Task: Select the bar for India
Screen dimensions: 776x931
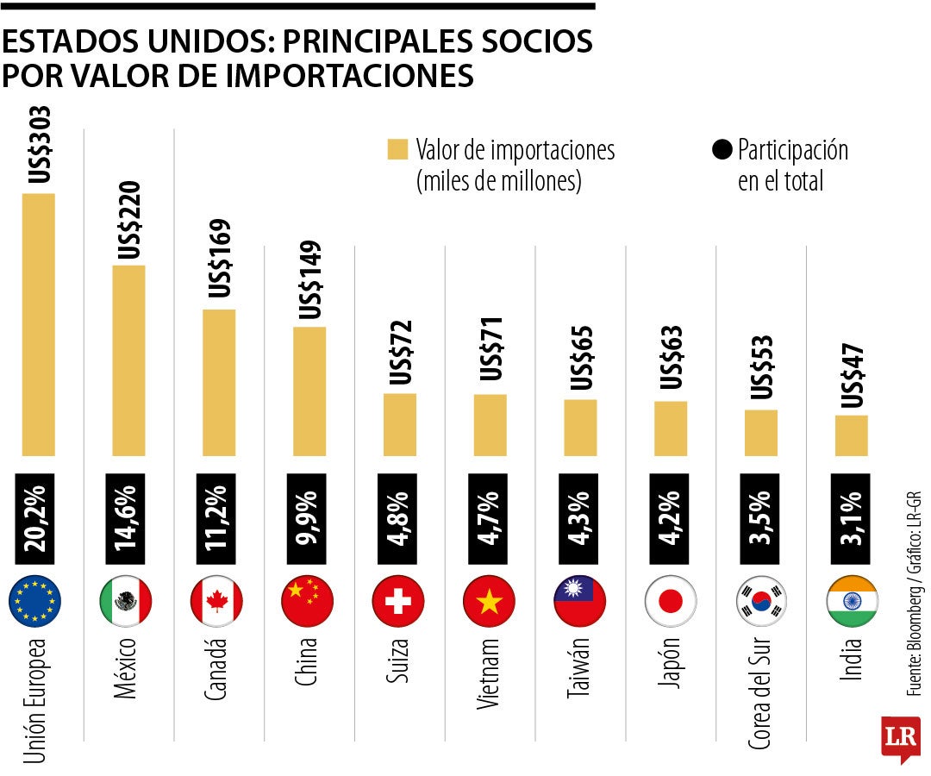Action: (851, 435)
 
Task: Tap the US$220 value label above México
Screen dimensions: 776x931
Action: (129, 220)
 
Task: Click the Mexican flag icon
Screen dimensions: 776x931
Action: (126, 601)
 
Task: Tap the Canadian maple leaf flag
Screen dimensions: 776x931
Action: (216, 601)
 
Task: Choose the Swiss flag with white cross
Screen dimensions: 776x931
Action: (397, 601)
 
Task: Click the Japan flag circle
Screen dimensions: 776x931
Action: (670, 601)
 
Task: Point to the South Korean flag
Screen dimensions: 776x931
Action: (761, 601)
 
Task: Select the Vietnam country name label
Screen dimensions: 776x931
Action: (488, 673)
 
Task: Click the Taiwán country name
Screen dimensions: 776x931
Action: (579, 670)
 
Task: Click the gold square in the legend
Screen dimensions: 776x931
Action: (397, 149)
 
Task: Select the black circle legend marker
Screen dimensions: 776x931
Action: (721, 149)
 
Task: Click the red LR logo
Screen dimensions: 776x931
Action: (899, 737)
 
